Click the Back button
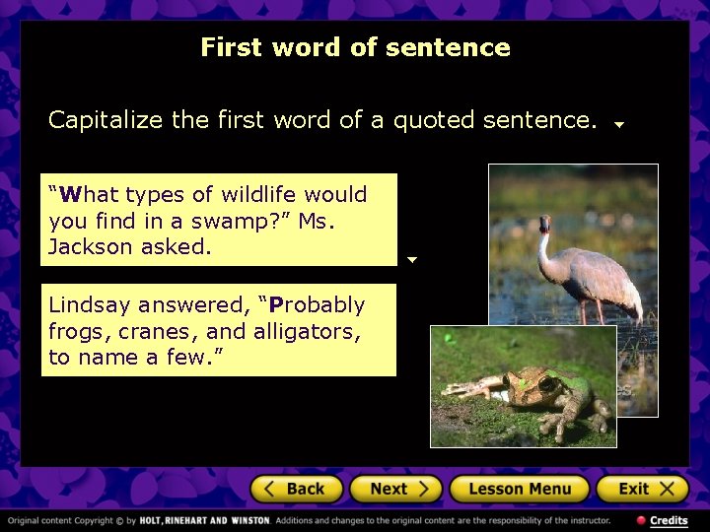[296, 489]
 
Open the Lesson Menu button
[519, 489]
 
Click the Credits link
[668, 520]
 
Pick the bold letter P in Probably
[277, 305]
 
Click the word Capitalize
[106, 121]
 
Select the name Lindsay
[89, 305]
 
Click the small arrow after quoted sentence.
[619, 125]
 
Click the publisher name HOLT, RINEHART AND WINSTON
[204, 520]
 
